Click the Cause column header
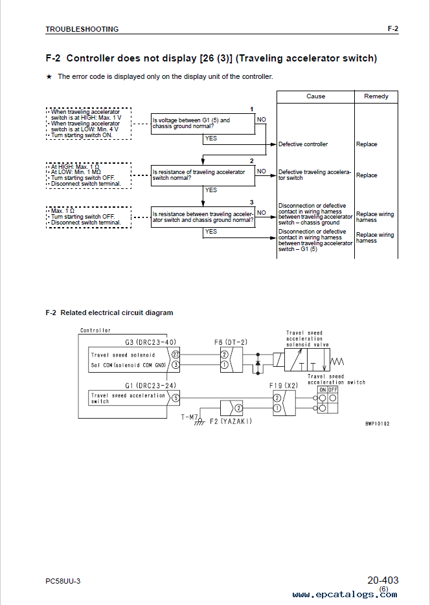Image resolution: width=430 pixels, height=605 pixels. click(315, 96)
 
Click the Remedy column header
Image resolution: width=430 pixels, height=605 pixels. click(376, 96)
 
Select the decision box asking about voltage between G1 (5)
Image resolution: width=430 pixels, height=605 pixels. click(203, 124)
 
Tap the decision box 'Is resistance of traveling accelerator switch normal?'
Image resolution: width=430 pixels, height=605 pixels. click(203, 175)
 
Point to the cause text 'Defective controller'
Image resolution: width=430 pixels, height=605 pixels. click(303, 144)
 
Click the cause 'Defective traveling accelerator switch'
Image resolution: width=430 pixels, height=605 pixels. click(315, 175)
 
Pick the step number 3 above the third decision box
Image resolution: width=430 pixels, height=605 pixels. click(252, 202)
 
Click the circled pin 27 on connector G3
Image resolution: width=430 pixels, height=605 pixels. click(175, 355)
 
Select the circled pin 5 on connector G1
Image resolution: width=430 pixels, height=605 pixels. click(175, 398)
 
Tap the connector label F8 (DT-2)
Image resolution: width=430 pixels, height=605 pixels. click(231, 342)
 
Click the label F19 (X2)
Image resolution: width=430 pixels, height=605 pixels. click(284, 386)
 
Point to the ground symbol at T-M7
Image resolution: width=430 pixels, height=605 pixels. click(199, 421)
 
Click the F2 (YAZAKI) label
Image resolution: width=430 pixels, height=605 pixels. click(231, 421)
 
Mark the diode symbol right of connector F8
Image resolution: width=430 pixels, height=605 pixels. click(258, 364)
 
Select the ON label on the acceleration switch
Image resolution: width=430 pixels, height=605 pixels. click(322, 390)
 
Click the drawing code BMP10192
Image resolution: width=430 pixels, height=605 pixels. click(378, 424)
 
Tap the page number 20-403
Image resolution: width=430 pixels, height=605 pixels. click(383, 580)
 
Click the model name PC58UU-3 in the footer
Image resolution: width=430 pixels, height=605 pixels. click(63, 581)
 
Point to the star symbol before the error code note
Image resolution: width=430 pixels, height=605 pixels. click(49, 77)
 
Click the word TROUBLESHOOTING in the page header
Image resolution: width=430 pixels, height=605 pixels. click(82, 29)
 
